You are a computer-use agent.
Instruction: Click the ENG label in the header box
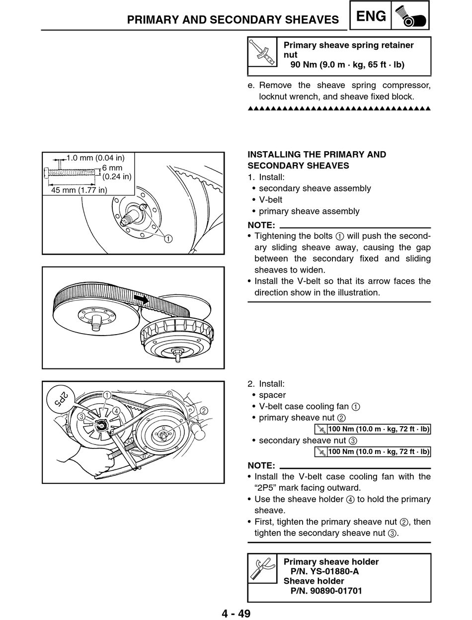371,16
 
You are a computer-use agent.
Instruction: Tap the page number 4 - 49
236,613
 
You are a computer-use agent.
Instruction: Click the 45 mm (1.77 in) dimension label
79,190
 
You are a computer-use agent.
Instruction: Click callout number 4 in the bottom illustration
115,411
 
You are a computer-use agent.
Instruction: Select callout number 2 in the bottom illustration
204,410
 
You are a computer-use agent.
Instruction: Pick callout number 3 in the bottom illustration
80,416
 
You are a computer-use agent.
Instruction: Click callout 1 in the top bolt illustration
168,239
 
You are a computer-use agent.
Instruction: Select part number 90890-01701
326,591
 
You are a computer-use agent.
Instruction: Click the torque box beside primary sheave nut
373,429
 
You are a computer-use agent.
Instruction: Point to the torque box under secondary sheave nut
373,452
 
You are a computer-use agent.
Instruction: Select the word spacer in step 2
272,395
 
